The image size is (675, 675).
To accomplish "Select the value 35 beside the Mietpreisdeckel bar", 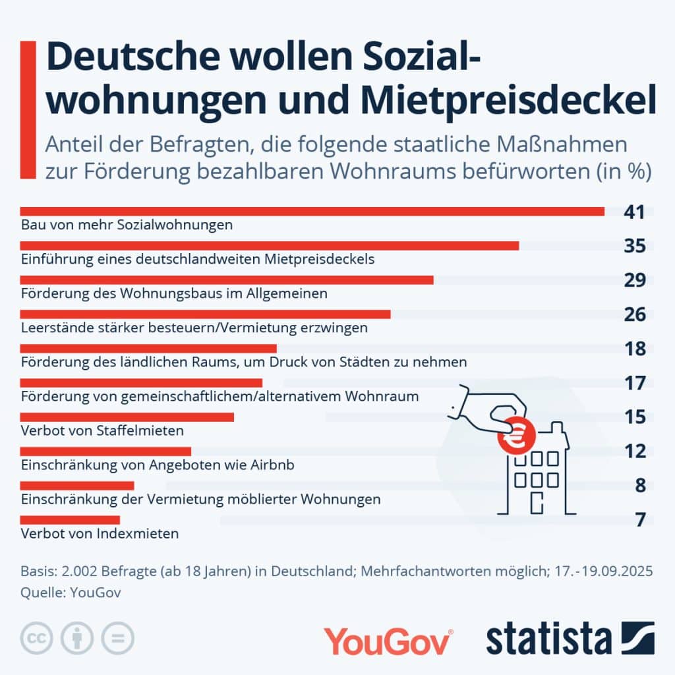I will (x=635, y=246).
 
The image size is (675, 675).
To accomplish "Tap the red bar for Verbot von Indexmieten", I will (x=70, y=520).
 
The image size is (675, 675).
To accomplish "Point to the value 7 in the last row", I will (x=640, y=519).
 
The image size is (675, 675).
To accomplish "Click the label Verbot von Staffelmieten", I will (x=102, y=430).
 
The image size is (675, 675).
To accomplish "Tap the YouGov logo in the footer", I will (x=388, y=641).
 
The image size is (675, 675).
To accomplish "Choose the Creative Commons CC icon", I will (x=37, y=638).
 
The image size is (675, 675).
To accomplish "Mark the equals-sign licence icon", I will (x=118, y=638).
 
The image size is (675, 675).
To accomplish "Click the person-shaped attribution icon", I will (x=77, y=638).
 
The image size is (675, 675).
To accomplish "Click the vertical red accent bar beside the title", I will (x=28, y=109).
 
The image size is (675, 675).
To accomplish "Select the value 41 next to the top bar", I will (x=635, y=212).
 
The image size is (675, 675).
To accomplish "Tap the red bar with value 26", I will (x=205, y=314).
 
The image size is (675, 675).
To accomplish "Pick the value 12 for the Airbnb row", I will (x=635, y=452).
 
